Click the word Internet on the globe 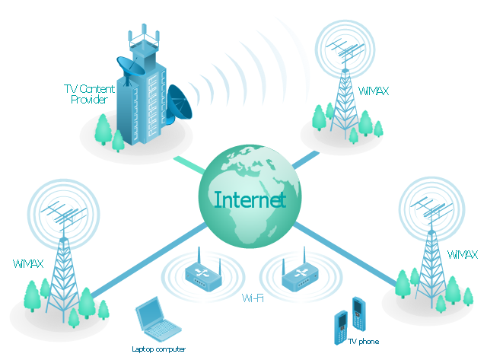pyautogui.click(x=250, y=199)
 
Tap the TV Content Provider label pyautogui.click(x=90, y=94)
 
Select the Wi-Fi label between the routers pyautogui.click(x=253, y=298)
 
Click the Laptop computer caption pyautogui.click(x=159, y=349)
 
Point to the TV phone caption pyautogui.click(x=364, y=342)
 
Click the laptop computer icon pyautogui.click(x=158, y=319)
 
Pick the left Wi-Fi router pyautogui.click(x=203, y=272)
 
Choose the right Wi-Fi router pyautogui.click(x=300, y=272)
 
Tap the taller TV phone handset pyautogui.click(x=358, y=314)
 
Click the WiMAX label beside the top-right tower pyautogui.click(x=374, y=91)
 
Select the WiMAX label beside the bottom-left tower pyautogui.click(x=28, y=263)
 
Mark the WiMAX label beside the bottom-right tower pyautogui.click(x=462, y=255)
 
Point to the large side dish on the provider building pyautogui.click(x=179, y=104)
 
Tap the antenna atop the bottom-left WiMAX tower pyautogui.click(x=64, y=215)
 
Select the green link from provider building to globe pyautogui.click(x=189, y=165)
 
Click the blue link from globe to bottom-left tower pyautogui.click(x=149, y=260)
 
